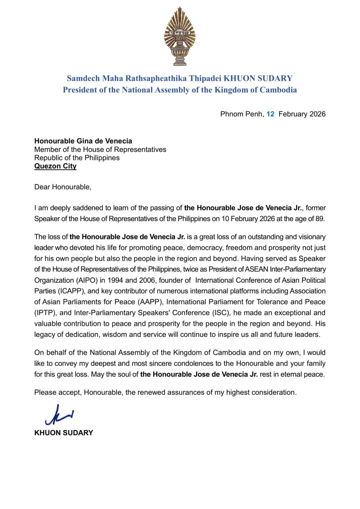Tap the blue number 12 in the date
click(270, 114)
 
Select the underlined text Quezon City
click(55, 166)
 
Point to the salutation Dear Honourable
click(62, 187)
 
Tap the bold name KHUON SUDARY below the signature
click(64, 433)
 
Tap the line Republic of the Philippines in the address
click(77, 158)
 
